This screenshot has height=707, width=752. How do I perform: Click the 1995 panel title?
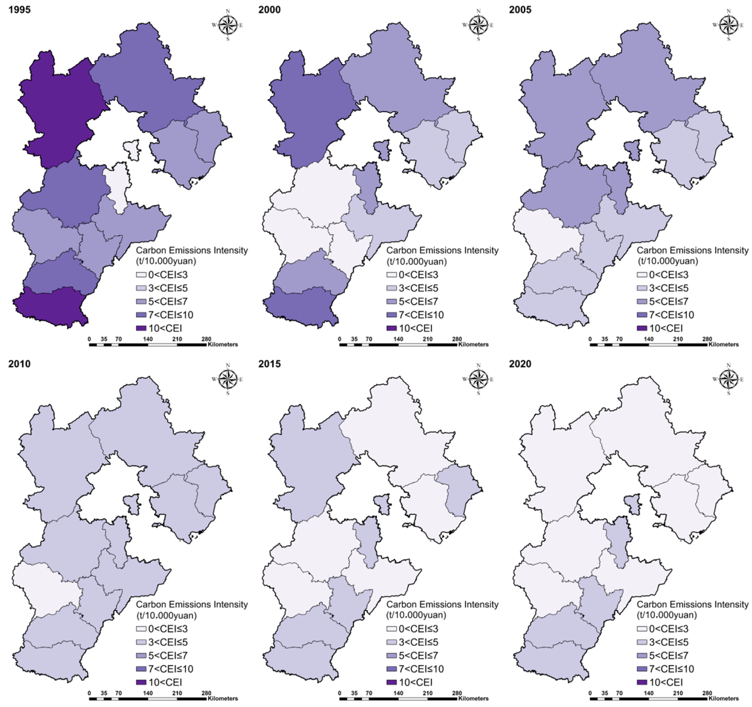click(19, 10)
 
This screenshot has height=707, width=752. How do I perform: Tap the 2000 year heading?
click(269, 10)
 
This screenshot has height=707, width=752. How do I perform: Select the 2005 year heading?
click(520, 10)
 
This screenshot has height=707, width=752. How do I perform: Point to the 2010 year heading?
click(19, 364)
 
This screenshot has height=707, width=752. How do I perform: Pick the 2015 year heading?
click(269, 364)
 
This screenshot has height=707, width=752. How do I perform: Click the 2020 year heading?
click(520, 364)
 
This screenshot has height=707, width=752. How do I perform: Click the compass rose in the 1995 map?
click(227, 25)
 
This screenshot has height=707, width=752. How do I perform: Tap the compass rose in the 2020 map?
click(729, 379)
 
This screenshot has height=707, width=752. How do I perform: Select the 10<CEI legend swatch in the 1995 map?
click(141, 328)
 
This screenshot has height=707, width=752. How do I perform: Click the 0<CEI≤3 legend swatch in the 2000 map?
click(392, 275)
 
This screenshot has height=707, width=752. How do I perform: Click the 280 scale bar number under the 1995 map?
click(206, 339)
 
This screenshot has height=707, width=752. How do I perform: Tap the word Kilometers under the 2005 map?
click(723, 345)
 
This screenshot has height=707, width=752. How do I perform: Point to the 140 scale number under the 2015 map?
click(398, 693)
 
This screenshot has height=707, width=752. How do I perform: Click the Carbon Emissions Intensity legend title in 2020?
click(692, 604)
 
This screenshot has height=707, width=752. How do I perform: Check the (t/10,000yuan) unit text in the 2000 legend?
click(416, 261)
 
